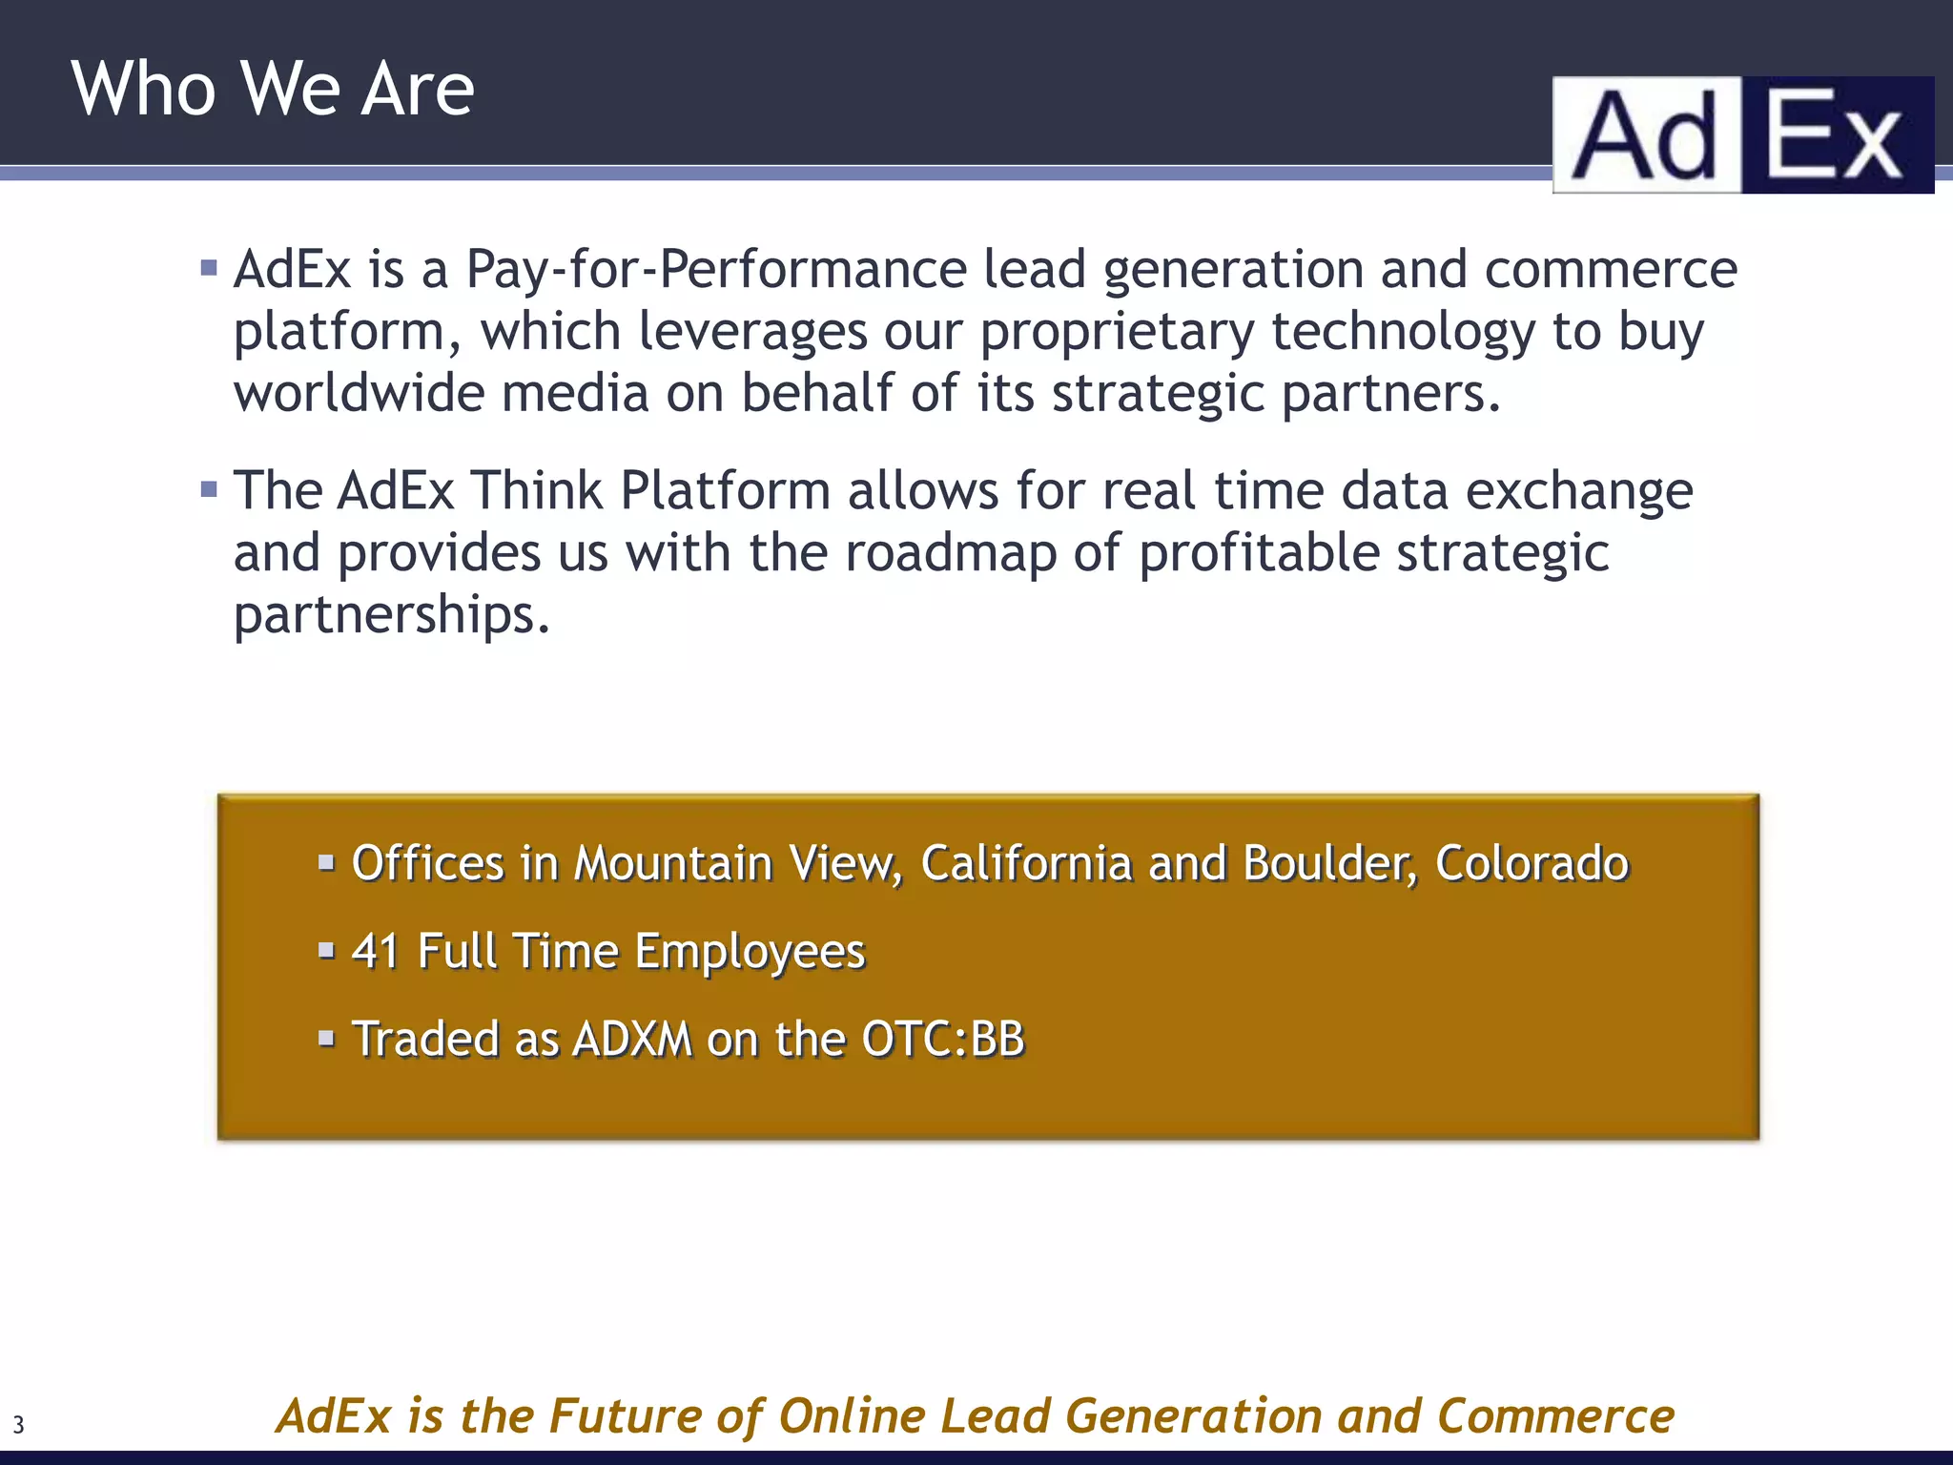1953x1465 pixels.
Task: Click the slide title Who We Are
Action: pyautogui.click(x=273, y=88)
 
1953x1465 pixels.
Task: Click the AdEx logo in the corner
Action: pyautogui.click(x=1742, y=135)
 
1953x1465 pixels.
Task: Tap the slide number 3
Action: pyautogui.click(x=18, y=1426)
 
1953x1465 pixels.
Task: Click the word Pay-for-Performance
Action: pyautogui.click(x=716, y=270)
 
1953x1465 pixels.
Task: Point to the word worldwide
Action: pyautogui.click(x=360, y=393)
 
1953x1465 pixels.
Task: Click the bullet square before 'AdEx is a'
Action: pyautogui.click(x=210, y=268)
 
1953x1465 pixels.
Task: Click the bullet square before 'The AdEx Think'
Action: pyautogui.click(x=210, y=490)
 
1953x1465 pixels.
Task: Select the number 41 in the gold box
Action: pyautogui.click(x=375, y=951)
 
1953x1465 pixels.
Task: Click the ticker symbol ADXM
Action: pyautogui.click(x=632, y=1039)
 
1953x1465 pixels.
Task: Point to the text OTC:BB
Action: pyautogui.click(x=942, y=1039)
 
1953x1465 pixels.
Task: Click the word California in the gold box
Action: pyautogui.click(x=1026, y=863)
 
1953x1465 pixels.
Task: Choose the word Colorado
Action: pyautogui.click(x=1532, y=863)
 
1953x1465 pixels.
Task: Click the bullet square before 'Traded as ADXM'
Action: pyautogui.click(x=327, y=1038)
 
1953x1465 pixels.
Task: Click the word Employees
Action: pyautogui.click(x=750, y=952)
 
